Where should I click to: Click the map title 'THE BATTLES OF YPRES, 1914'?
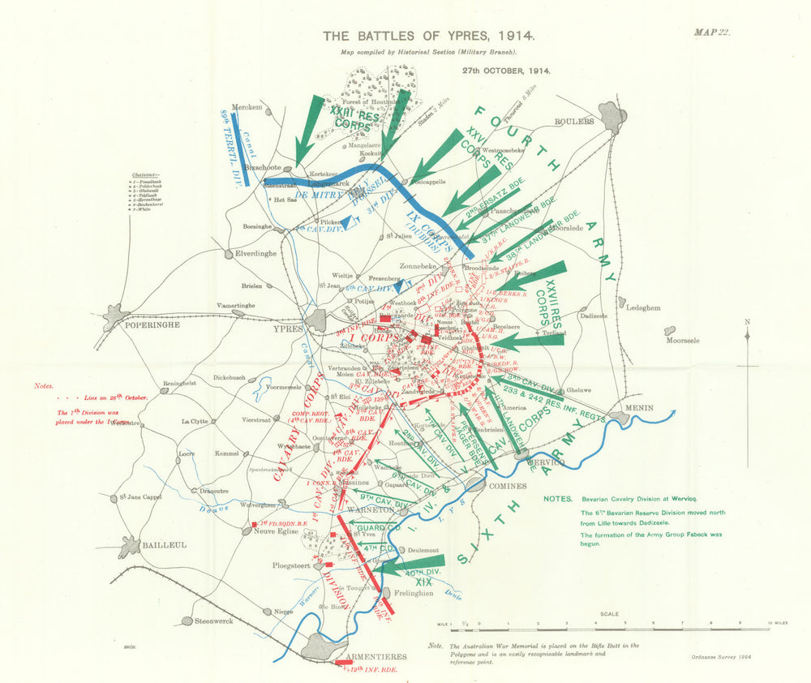coord(429,36)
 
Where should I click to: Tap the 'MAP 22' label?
coord(712,32)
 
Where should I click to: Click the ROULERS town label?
coord(574,122)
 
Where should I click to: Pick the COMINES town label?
coord(508,485)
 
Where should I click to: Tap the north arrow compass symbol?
coord(747,340)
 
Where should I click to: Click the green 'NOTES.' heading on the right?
coord(559,499)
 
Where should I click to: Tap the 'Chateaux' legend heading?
coord(147,174)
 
